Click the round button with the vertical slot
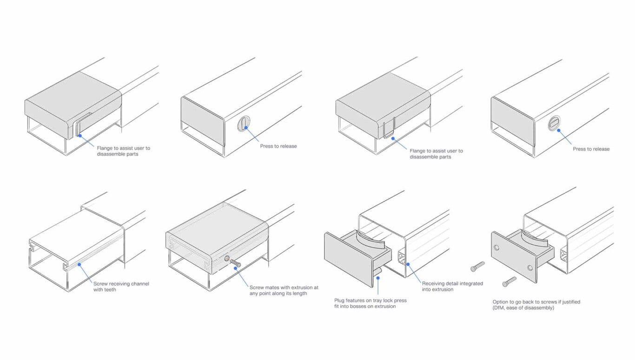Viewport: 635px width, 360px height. [x=244, y=124]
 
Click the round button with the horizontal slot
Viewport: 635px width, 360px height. [x=554, y=123]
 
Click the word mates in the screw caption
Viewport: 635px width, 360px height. [x=272, y=288]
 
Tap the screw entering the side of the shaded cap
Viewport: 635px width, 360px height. [x=235, y=263]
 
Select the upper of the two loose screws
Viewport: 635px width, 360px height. [x=478, y=267]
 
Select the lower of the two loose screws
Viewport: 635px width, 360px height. [x=509, y=282]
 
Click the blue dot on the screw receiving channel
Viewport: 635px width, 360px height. [x=79, y=265]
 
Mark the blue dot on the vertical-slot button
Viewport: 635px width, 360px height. [x=246, y=128]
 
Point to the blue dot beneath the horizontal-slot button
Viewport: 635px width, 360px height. [x=559, y=131]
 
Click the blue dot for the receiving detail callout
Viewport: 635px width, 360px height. [x=408, y=264]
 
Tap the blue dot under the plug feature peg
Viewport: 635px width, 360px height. [x=378, y=278]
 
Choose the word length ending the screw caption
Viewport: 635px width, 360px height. [x=299, y=294]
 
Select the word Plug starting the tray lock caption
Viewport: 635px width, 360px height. [x=339, y=301]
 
